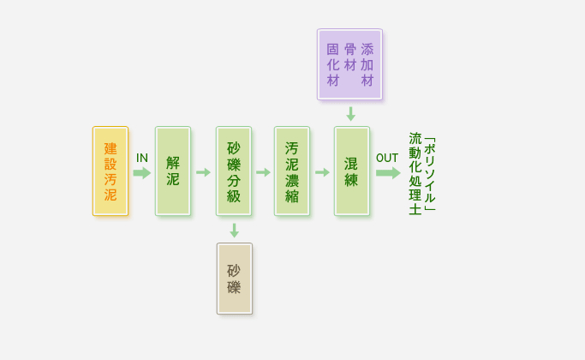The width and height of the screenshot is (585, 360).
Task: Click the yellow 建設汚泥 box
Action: tap(110, 171)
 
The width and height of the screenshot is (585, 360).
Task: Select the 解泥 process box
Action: tap(172, 171)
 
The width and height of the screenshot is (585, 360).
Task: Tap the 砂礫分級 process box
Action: tap(234, 171)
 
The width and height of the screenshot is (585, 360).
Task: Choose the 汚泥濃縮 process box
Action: tap(292, 171)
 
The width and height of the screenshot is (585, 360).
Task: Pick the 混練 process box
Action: tap(351, 171)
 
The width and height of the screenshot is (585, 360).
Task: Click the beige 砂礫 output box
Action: tap(234, 279)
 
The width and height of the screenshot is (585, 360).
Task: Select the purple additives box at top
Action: tap(349, 63)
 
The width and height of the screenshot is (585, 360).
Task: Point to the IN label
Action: tap(142, 158)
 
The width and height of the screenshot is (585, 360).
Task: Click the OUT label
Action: tap(387, 158)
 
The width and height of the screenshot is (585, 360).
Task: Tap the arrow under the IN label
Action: tap(141, 172)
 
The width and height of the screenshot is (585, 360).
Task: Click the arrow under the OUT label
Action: tap(388, 172)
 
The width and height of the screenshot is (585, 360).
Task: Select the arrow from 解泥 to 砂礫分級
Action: tap(203, 172)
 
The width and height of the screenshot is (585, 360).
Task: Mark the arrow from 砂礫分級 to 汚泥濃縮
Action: tap(263, 172)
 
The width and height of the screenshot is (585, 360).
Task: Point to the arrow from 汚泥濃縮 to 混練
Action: tap(322, 172)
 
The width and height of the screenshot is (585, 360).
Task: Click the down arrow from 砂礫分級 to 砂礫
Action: tap(234, 231)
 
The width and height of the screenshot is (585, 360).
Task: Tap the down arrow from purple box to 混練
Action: tap(350, 113)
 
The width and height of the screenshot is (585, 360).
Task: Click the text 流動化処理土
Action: tap(415, 174)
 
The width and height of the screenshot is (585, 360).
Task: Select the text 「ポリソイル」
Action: tap(430, 174)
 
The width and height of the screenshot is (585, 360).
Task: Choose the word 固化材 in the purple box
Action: tap(332, 64)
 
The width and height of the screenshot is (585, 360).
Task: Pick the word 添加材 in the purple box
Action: tap(367, 64)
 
